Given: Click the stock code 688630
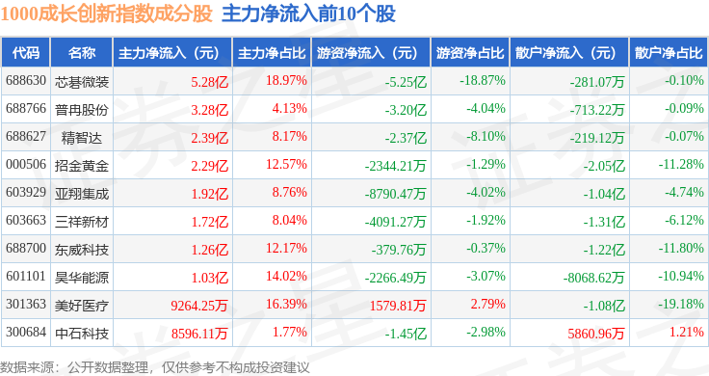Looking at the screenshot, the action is (26, 81).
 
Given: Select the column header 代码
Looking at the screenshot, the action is (26, 53).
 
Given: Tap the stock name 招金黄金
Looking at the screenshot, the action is (82, 166).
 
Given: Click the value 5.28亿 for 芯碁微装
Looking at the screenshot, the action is (209, 82).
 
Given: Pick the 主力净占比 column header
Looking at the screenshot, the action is (272, 53).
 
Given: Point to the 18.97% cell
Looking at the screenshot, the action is (286, 81).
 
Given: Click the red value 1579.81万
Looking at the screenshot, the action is (398, 306).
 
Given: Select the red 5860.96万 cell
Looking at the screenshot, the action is (596, 334).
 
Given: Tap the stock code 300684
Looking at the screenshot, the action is (26, 332).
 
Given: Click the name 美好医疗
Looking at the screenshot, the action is (82, 306).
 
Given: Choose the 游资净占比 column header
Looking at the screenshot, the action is (470, 53).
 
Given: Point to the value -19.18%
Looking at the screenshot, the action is (680, 304).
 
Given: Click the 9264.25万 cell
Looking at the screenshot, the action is (199, 306).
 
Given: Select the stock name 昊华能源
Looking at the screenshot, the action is (82, 278).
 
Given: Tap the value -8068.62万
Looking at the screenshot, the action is (593, 278).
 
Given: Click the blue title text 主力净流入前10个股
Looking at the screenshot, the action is (308, 13).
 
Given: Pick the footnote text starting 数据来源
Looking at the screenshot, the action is (155, 367).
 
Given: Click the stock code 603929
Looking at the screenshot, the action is (26, 192).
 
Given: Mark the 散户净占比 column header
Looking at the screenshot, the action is (669, 53).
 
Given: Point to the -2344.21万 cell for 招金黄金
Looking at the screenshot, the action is (396, 166).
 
